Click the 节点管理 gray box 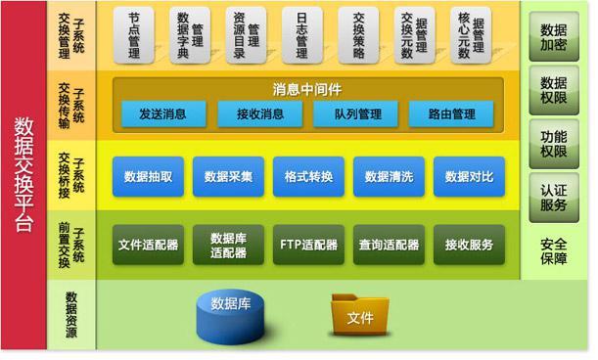pos(134,35)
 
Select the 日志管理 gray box pos(302,35)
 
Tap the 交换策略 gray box pos(358,35)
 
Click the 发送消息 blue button pos(163,113)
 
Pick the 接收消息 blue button pos(260,113)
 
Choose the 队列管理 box pos(356,113)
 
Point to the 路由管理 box pos(451,113)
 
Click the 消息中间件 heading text pos(307,90)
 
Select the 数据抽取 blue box pos(149,176)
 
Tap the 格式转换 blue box pos(309,176)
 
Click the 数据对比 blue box pos(470,176)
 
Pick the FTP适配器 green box pos(309,245)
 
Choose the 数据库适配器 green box pos(228,245)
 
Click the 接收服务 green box pos(470,245)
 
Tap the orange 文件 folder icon pos(360,315)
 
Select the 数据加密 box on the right pos(554,36)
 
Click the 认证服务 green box pos(554,198)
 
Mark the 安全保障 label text pos(554,251)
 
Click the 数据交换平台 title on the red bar pos(24,175)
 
